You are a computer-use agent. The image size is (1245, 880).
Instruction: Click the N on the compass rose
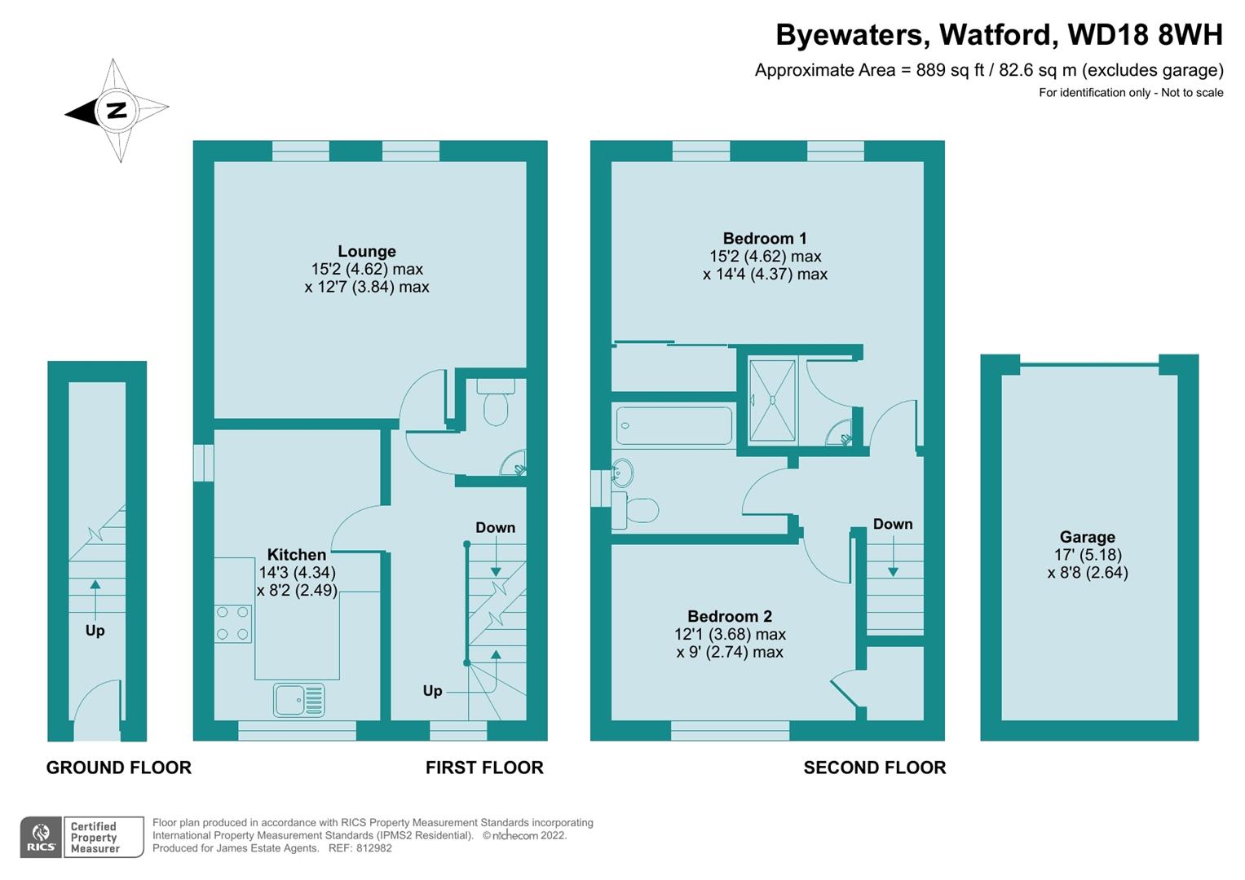tap(116, 110)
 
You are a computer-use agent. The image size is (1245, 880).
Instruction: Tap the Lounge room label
tap(367, 252)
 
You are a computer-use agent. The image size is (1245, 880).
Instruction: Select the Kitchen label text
tap(297, 555)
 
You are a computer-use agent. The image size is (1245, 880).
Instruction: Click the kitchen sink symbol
tap(299, 700)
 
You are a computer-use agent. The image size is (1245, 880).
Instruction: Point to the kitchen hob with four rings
tap(233, 623)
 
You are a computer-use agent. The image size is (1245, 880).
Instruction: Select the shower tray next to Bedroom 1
tap(771, 400)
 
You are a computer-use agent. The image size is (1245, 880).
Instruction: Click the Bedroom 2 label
tap(729, 617)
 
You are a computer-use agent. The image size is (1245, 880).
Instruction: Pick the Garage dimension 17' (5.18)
tap(1088, 555)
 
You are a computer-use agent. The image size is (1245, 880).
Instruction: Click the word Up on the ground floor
tap(95, 631)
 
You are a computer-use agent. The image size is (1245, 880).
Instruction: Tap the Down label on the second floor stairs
tap(893, 524)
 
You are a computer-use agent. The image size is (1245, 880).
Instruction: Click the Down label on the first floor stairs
tap(495, 528)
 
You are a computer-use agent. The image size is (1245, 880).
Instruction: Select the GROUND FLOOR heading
tap(118, 768)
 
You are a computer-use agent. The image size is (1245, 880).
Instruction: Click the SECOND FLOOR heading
tap(874, 768)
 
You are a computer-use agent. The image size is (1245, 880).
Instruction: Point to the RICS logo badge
tap(40, 838)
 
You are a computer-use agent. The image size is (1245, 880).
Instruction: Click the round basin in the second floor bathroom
tap(621, 472)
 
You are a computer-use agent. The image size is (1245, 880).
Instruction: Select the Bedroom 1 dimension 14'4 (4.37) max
tap(765, 275)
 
